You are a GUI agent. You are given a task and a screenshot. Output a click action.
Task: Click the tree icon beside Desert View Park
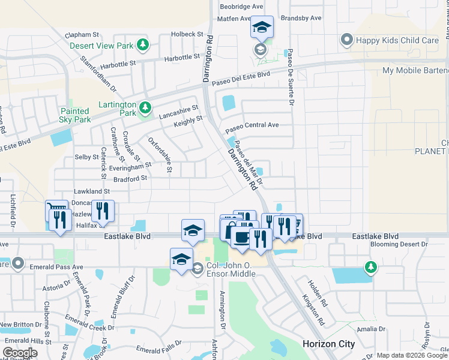pos(142,45)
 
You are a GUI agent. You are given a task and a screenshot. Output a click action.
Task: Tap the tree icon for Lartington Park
pos(144,108)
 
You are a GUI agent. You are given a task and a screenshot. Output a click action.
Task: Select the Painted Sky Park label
pos(75,115)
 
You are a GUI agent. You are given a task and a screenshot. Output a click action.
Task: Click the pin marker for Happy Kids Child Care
pos(346,40)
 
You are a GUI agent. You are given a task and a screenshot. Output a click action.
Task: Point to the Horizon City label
pos(328,344)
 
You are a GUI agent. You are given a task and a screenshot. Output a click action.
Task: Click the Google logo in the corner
pos(20,353)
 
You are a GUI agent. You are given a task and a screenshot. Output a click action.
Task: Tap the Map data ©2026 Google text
pos(412,355)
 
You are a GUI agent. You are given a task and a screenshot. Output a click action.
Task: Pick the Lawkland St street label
pos(91,191)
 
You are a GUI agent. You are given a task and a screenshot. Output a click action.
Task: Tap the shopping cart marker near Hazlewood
pos(57,208)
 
